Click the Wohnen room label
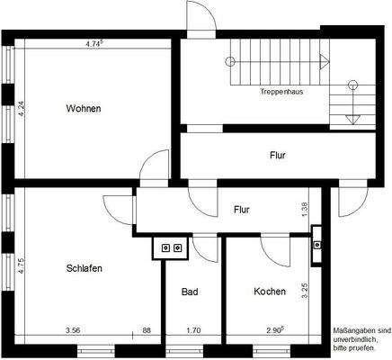[x=84, y=109]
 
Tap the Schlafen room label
[x=84, y=268]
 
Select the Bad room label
[x=190, y=292]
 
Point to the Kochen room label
[x=270, y=292]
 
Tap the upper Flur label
[x=278, y=156]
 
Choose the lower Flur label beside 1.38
[x=242, y=210]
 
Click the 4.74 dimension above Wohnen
[x=94, y=43]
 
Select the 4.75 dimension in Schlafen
[x=20, y=265]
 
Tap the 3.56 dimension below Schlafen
[x=74, y=331]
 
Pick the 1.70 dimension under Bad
[x=193, y=331]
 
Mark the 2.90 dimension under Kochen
[x=275, y=331]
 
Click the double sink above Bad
[x=171, y=247]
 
